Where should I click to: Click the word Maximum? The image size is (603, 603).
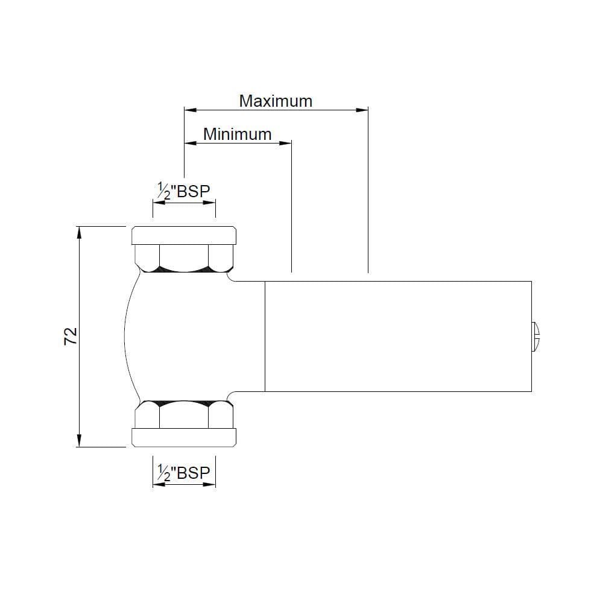click(276, 101)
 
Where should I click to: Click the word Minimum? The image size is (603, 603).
click(237, 134)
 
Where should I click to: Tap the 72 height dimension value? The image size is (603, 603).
click(71, 336)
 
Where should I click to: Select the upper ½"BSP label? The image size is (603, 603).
click(184, 191)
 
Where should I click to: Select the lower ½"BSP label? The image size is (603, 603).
click(184, 472)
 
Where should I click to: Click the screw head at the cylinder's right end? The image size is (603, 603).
click(535, 337)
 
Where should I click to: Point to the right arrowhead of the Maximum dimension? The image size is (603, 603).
click(362, 110)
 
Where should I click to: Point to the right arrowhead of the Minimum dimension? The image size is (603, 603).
click(285, 143)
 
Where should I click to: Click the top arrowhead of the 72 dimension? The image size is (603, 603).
click(79, 233)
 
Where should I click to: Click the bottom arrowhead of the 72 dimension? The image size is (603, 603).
click(79, 440)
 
